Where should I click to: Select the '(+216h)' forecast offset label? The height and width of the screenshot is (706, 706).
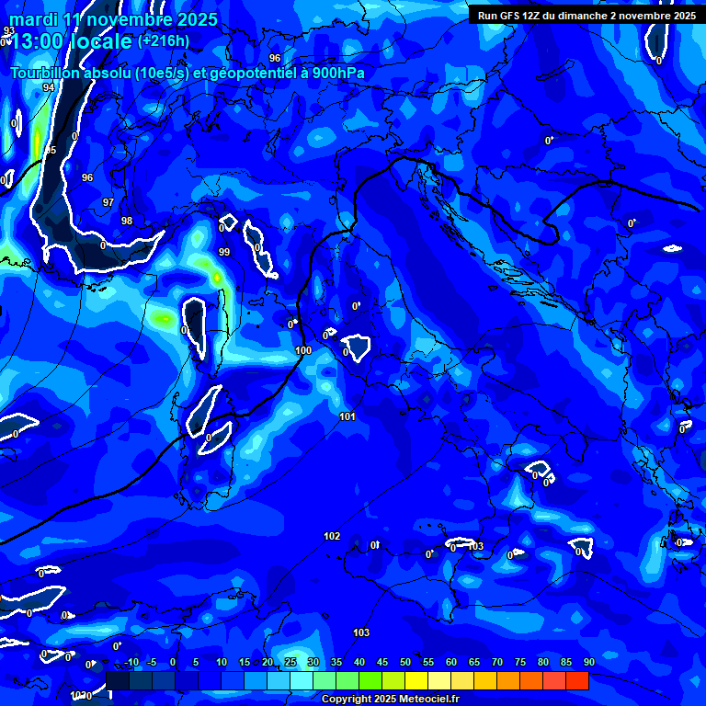click(x=164, y=40)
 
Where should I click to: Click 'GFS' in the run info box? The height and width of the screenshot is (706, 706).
click(x=515, y=16)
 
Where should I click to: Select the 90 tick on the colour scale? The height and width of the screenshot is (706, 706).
click(x=588, y=663)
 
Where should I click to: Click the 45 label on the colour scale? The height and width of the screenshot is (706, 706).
click(x=382, y=663)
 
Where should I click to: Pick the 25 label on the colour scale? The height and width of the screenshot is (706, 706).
click(x=290, y=663)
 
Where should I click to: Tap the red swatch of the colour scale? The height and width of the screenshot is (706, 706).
click(x=576, y=680)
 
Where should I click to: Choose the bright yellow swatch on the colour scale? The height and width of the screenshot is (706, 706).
click(x=416, y=680)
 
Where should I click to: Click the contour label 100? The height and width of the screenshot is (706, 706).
click(x=303, y=351)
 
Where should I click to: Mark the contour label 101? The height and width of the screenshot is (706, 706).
click(x=347, y=417)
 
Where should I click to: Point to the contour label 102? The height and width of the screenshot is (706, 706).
click(x=332, y=536)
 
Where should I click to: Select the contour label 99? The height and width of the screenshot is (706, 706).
click(x=224, y=252)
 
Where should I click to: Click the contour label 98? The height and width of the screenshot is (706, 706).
click(x=127, y=221)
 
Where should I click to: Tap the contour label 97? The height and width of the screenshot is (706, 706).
click(x=108, y=202)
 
